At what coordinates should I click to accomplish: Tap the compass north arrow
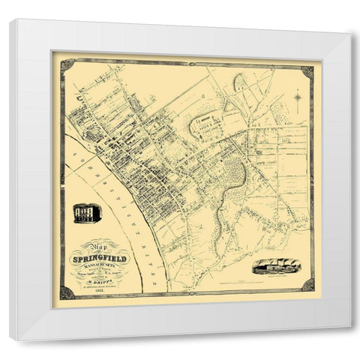click(x=297, y=98)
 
